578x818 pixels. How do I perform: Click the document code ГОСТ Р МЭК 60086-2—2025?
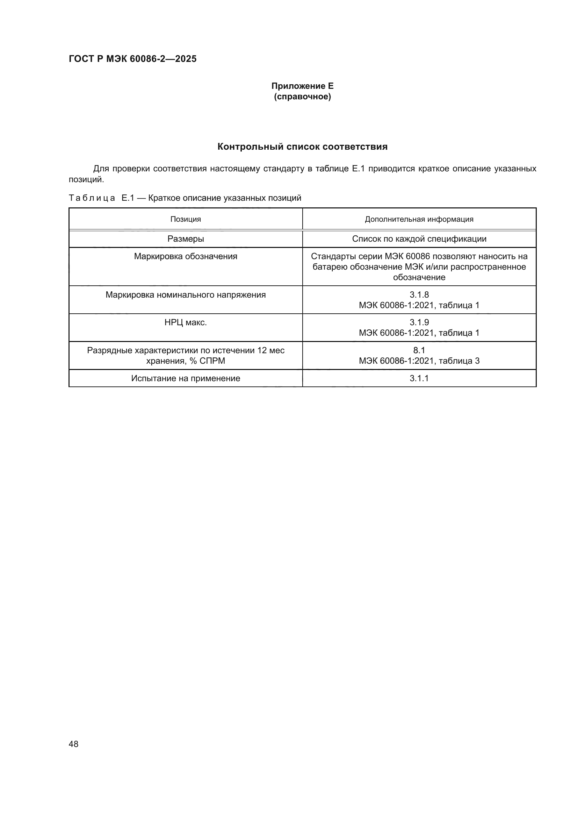tap(132, 59)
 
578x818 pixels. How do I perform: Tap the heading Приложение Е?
tap(302, 86)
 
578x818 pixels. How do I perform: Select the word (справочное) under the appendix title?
tap(302, 97)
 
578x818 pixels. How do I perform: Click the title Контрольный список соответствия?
tap(302, 147)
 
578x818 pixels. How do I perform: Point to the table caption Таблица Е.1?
tap(185, 198)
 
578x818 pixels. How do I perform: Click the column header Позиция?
tap(186, 219)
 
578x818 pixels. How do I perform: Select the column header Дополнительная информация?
tap(419, 219)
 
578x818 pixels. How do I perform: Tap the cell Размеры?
tap(186, 239)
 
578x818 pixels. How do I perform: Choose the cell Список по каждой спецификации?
tap(419, 239)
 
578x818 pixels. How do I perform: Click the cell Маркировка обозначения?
tap(186, 256)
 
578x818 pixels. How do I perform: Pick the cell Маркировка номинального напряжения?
tap(186, 294)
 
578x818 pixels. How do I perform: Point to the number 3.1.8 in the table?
tap(419, 294)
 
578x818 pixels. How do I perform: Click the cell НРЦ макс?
tap(186, 322)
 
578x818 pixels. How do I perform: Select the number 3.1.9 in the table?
tap(419, 322)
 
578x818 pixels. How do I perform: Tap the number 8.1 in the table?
tap(419, 350)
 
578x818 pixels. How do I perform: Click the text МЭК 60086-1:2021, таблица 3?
tap(419, 361)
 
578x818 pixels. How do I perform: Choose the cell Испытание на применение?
tap(186, 378)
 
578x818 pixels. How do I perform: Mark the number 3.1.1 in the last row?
tap(419, 378)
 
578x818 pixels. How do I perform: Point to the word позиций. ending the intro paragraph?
tap(86, 179)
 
